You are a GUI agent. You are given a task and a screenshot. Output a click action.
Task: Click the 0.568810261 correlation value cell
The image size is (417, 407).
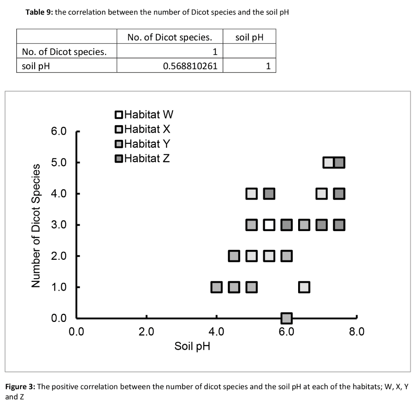[190, 65]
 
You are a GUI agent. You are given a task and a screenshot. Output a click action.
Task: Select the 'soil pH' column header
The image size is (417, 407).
[249, 38]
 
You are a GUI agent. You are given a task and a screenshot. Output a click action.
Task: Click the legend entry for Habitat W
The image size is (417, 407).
[143, 115]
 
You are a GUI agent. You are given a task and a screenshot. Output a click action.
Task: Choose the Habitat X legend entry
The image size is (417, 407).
[143, 129]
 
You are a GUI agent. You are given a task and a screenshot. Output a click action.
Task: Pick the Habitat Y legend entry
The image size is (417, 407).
[143, 144]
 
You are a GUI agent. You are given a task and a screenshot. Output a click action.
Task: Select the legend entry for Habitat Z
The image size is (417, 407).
[142, 158]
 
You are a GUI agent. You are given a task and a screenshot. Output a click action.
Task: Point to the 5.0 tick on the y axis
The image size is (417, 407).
[59, 162]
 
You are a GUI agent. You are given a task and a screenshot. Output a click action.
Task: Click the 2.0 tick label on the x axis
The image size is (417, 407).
[146, 332]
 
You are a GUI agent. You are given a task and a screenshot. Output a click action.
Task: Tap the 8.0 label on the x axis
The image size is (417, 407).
[357, 332]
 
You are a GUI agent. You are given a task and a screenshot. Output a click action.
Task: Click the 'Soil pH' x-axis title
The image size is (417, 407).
[192, 346]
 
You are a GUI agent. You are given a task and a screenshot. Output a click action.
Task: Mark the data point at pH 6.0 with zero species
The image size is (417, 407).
[286, 318]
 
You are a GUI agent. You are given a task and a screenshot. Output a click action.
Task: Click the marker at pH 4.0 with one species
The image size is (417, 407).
[216, 287]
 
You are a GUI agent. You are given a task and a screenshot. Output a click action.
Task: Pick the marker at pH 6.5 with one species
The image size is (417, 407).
[304, 287]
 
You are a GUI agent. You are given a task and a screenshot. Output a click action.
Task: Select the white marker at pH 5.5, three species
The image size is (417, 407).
[269, 225]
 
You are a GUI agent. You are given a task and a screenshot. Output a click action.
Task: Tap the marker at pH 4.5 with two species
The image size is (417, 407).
[234, 256]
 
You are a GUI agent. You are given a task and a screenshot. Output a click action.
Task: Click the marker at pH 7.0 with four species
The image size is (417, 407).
[322, 193]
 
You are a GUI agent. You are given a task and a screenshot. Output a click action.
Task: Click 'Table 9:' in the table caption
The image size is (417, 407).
[39, 12]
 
